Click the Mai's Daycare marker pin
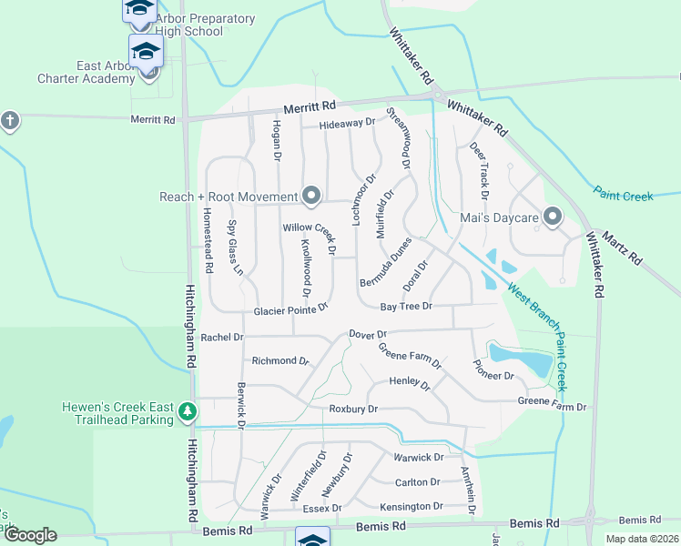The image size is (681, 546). tap(552, 216)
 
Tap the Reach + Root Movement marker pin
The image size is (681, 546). tap(311, 196)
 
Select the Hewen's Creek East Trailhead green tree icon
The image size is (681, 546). tap(188, 412)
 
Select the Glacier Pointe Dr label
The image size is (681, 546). tap(290, 309)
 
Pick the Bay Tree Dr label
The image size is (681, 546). tap(405, 307)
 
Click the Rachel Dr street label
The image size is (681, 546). tap(222, 337)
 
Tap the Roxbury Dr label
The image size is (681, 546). tap(353, 409)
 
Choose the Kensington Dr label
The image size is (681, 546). tap(412, 506)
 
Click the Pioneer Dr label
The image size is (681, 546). tap(494, 369)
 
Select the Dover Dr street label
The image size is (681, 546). tap(368, 334)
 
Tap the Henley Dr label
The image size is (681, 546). tap(410, 384)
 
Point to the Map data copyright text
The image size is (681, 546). tap(641, 539)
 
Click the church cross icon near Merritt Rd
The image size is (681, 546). tap(9, 120)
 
